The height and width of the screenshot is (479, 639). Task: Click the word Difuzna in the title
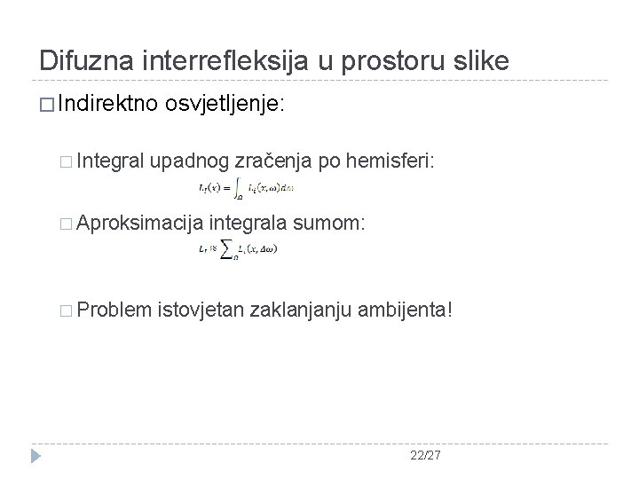click(81, 60)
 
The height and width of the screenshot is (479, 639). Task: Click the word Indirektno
click(106, 105)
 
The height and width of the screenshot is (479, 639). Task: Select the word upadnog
click(191, 160)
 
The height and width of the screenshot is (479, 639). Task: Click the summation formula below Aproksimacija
click(238, 250)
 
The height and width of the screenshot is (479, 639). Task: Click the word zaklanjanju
click(301, 310)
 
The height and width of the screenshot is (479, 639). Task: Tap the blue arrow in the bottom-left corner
click(36, 455)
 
